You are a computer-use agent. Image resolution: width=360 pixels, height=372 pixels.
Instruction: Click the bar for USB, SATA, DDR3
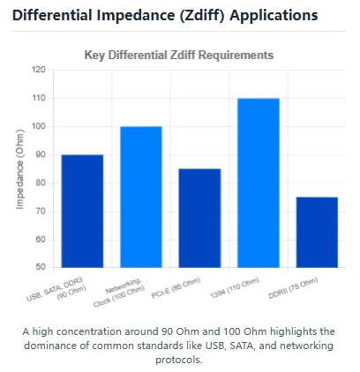coord(82,211)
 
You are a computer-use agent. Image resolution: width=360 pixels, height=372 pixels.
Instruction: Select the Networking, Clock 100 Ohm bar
coord(141,197)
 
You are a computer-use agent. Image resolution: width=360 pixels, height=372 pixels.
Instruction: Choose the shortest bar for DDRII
coord(317,232)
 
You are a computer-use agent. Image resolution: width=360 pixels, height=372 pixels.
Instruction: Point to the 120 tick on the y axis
coord(38,70)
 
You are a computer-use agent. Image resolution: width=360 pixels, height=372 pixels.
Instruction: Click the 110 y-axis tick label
coord(38,98)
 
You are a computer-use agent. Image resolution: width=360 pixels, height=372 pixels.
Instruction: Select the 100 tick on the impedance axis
coord(38,126)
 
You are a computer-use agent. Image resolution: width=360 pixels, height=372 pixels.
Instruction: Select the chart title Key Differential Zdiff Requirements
coord(179,55)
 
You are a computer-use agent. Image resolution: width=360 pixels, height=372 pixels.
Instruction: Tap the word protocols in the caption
coord(179,360)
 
